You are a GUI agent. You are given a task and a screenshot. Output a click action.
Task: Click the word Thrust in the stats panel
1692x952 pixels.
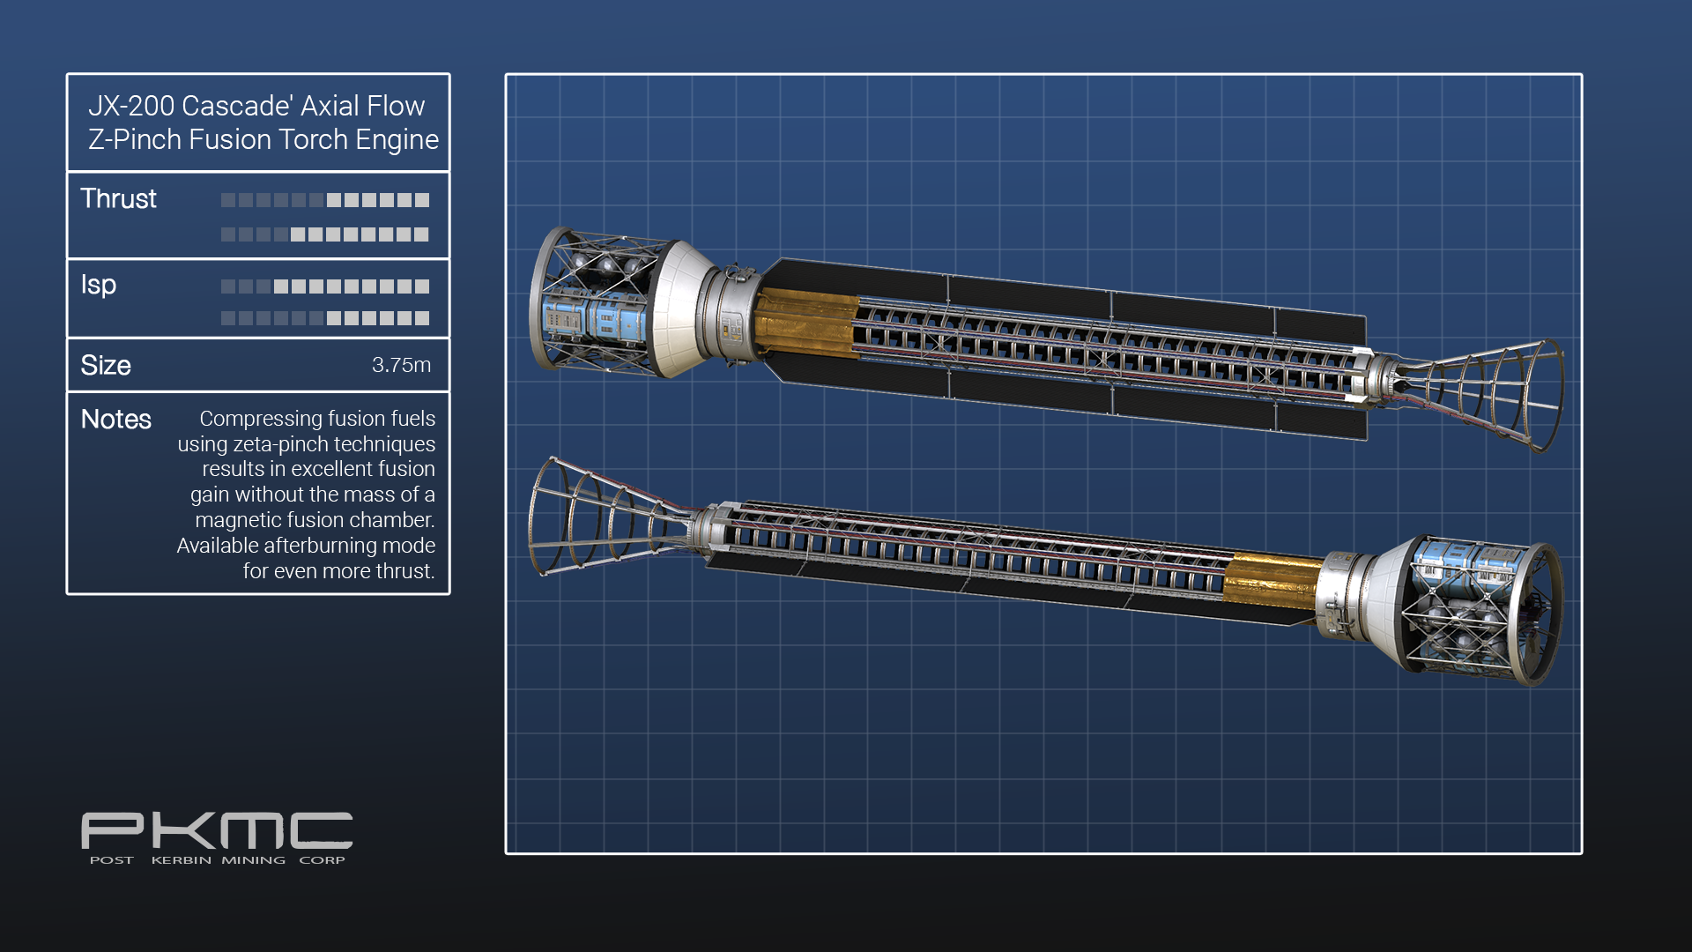(118, 199)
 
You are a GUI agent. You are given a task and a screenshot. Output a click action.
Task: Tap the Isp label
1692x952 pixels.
(99, 286)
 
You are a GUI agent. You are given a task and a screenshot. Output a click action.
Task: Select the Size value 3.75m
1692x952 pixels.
(401, 365)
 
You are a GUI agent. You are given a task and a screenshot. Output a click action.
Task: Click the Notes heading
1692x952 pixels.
(115, 420)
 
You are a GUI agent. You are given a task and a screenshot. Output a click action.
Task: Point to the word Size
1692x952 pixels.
(106, 366)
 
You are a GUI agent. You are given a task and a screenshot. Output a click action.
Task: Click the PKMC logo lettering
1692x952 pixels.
(217, 830)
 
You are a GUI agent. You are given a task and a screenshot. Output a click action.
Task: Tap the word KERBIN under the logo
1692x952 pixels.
(182, 860)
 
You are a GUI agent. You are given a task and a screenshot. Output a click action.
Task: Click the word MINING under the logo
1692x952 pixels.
(254, 860)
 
